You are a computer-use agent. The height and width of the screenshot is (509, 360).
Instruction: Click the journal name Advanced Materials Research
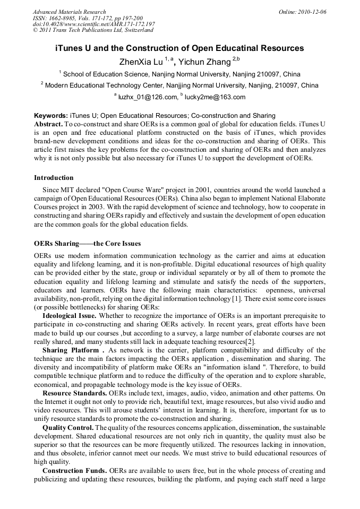(x=69, y=12)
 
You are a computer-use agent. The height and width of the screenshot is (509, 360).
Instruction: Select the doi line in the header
(x=94, y=24)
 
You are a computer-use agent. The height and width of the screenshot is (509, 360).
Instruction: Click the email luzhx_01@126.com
(x=148, y=97)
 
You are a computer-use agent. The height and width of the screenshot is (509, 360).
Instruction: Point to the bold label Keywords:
(x=51, y=115)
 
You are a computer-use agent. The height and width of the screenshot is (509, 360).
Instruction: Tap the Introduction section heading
(x=54, y=178)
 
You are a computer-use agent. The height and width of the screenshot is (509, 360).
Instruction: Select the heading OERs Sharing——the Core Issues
(x=87, y=244)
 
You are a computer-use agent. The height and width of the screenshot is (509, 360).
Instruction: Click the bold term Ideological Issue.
(x=70, y=315)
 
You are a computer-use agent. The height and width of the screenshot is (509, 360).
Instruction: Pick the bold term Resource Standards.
(x=75, y=393)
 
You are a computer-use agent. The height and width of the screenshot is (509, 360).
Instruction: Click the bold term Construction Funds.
(x=73, y=470)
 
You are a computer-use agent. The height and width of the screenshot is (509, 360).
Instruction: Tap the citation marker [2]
(x=250, y=341)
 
